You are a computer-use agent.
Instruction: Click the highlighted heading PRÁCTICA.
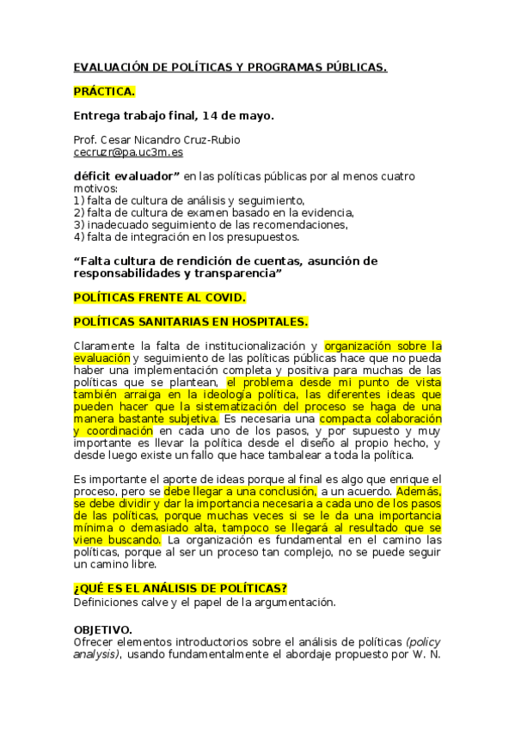coord(104,90)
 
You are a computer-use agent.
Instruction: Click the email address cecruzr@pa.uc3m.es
coord(128,152)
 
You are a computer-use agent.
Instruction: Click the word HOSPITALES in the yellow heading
coord(265,322)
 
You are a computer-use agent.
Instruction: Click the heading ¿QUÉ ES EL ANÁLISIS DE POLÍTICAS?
coord(181,588)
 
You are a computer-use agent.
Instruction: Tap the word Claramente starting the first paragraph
coord(106,346)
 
